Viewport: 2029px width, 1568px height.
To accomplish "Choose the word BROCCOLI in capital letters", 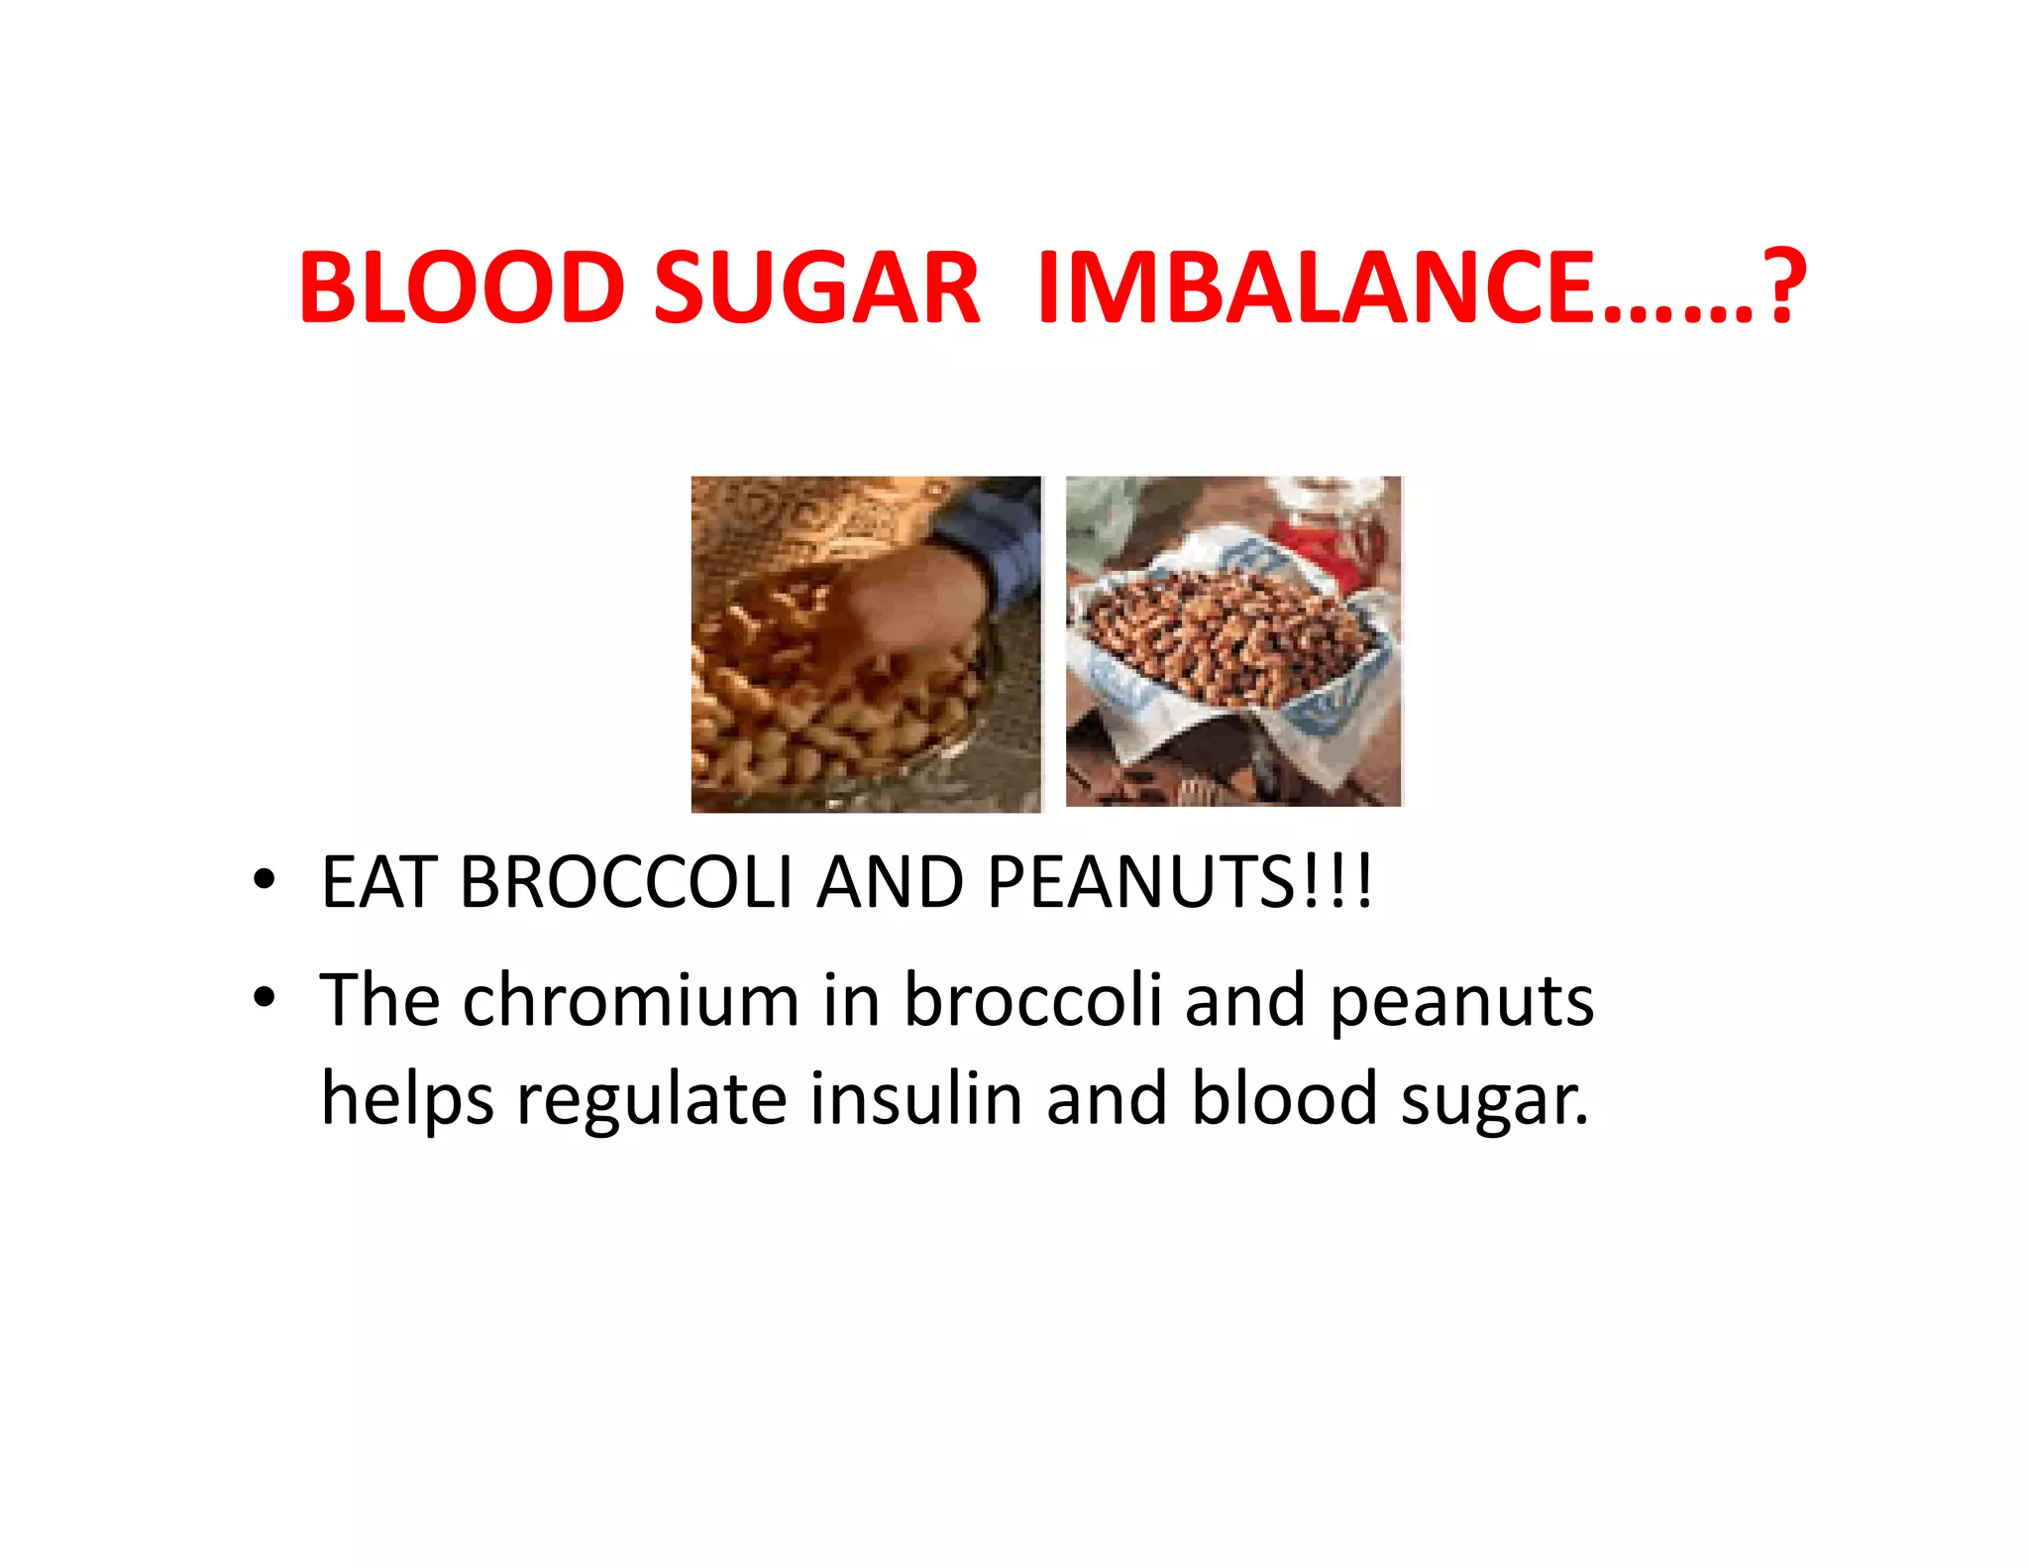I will pos(626,881).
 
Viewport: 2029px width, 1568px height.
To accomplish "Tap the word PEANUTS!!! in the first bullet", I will pos(1179,881).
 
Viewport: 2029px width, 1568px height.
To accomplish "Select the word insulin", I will pos(916,1098).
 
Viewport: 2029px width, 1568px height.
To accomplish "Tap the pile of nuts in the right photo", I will pos(1224,634).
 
